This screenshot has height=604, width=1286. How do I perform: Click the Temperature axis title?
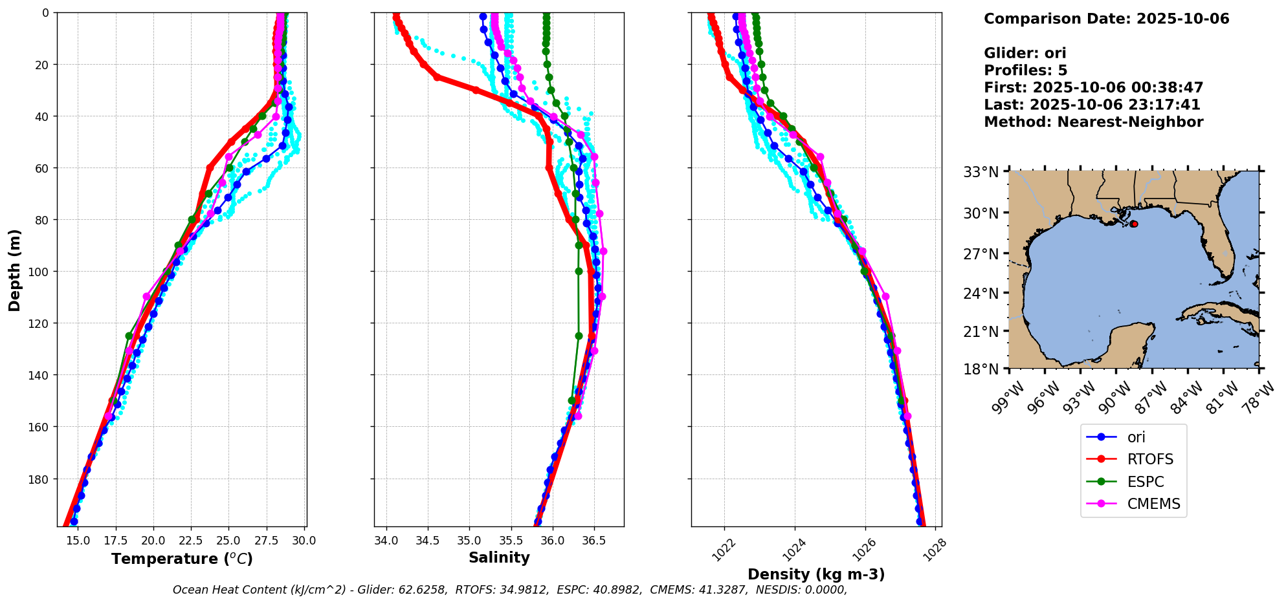(182, 559)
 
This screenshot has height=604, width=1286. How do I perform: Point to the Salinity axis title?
(499, 558)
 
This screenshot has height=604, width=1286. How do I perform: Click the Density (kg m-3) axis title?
(815, 574)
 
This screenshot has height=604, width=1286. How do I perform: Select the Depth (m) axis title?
(14, 270)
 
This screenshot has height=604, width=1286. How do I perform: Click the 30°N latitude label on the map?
(981, 213)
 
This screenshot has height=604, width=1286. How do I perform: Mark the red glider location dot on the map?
(1134, 224)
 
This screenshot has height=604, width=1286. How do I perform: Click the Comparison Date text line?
(1106, 19)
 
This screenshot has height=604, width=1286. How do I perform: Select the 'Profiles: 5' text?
(1025, 70)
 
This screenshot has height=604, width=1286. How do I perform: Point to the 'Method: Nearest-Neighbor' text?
(1093, 122)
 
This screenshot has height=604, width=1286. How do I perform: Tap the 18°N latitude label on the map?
(981, 369)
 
